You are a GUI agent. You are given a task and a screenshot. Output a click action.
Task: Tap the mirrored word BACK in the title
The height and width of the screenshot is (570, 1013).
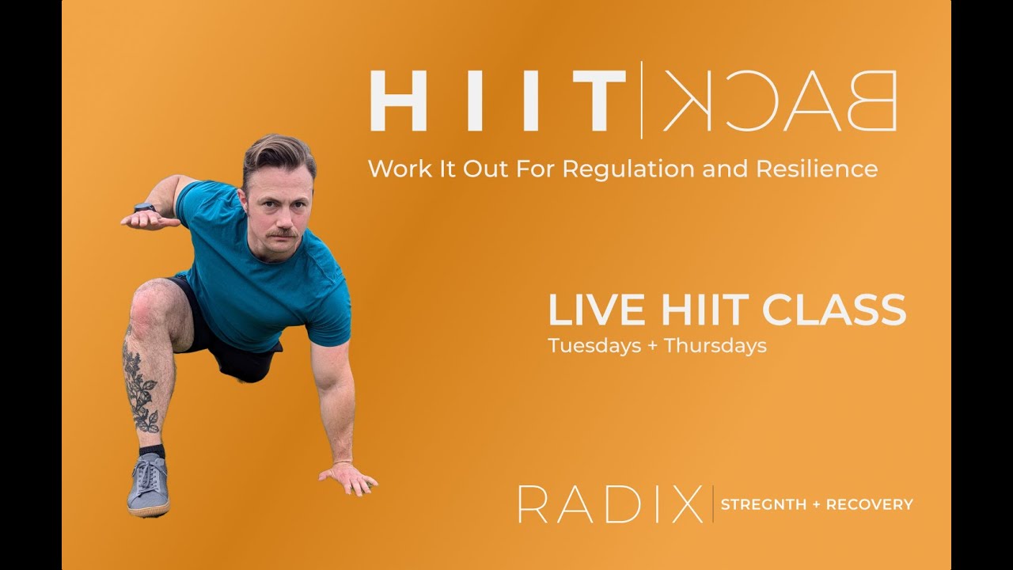(x=780, y=101)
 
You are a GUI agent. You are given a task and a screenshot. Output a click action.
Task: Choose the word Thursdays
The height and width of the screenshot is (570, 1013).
(x=715, y=346)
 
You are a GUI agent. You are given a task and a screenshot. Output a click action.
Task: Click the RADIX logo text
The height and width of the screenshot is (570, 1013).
(x=610, y=504)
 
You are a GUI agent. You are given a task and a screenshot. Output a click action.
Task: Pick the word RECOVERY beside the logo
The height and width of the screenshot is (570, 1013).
(x=870, y=504)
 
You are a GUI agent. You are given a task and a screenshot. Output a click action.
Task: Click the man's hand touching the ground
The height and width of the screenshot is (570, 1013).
(x=348, y=477)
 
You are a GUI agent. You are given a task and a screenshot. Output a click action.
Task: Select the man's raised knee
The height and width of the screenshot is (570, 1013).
(x=147, y=305)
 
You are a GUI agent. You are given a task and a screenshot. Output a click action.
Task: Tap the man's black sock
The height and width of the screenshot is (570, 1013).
(x=152, y=451)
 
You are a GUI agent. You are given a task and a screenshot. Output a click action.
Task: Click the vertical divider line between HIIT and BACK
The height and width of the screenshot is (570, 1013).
(x=642, y=101)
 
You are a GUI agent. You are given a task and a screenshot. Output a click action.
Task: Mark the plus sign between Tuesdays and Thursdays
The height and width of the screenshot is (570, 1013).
(x=653, y=346)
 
